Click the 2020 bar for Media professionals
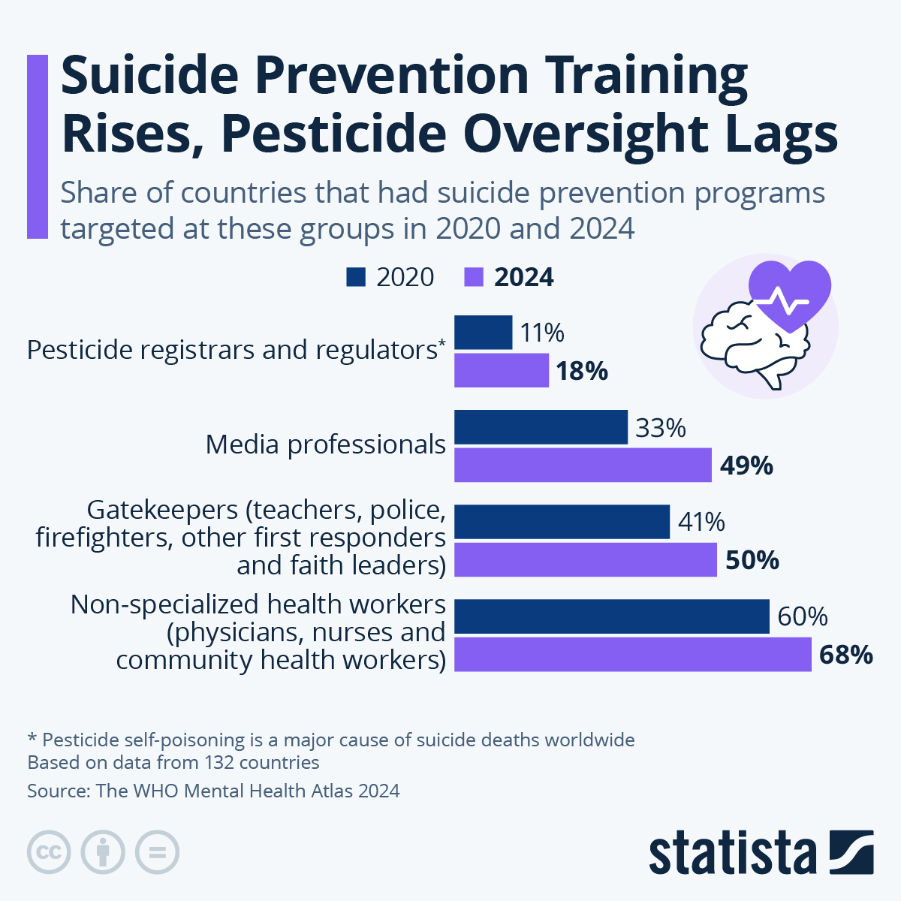click(541, 427)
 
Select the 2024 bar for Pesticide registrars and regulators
click(502, 371)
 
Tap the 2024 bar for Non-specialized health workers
click(633, 655)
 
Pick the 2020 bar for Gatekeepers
click(562, 522)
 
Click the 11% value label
click(542, 333)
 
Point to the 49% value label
click(746, 466)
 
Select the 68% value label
click(845, 655)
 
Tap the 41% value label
click(701, 522)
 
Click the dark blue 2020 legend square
click(356, 277)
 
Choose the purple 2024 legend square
click(474, 277)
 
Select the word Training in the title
click(646, 75)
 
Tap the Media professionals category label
click(326, 444)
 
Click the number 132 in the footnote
click(219, 763)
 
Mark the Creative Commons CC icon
click(49, 852)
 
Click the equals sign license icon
click(157, 852)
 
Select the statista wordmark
click(732, 853)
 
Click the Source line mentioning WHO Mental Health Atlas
click(213, 791)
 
